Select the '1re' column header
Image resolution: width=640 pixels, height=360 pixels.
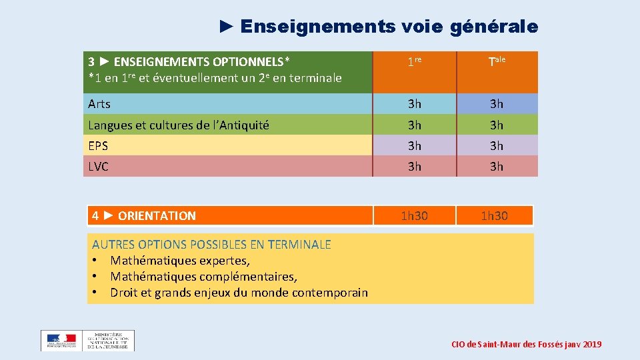coord(415,63)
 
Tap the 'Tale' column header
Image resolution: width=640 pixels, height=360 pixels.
coord(497,63)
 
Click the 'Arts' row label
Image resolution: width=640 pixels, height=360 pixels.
coord(99,104)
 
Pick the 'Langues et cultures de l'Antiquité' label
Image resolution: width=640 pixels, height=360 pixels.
coord(179,125)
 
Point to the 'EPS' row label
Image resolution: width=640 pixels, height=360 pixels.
coord(98,145)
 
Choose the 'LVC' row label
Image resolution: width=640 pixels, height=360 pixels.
coord(98,167)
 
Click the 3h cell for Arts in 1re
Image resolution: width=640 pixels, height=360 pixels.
coord(415,104)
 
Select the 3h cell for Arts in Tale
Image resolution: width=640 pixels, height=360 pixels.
coord(497,104)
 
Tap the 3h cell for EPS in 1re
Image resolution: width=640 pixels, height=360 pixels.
coord(415,145)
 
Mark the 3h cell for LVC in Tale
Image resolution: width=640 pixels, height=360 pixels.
coord(497,167)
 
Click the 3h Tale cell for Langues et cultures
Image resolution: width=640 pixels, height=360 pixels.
coord(497,125)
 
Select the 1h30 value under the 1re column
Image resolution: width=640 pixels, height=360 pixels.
coord(415,215)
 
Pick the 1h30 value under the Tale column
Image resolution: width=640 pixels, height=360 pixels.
coord(494,215)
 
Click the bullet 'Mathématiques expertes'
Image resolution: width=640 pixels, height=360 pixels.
coord(180,260)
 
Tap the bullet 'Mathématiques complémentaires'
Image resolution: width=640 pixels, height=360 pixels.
coord(203,276)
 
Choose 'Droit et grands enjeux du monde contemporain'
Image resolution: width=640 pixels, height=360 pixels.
coord(239,292)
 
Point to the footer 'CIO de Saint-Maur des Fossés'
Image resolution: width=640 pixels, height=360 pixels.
coord(526,344)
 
